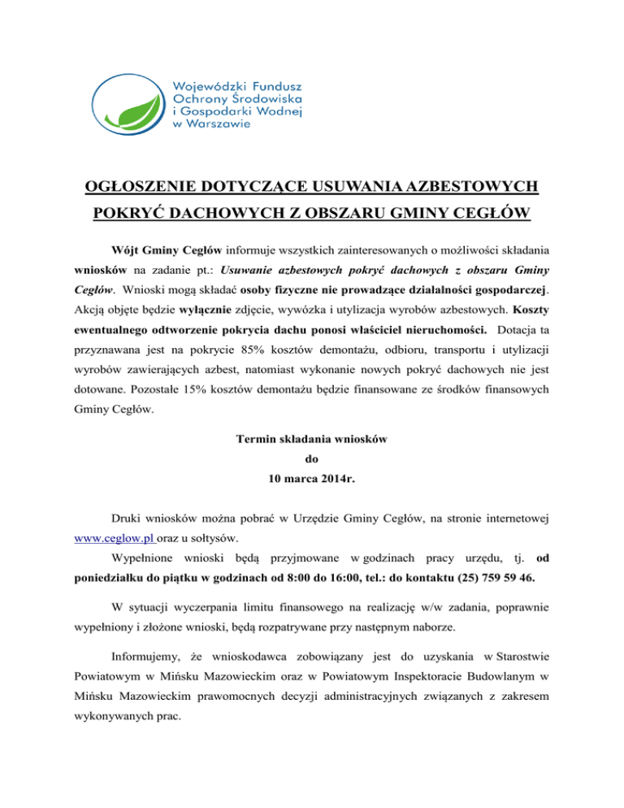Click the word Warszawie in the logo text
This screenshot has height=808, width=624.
(219, 124)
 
